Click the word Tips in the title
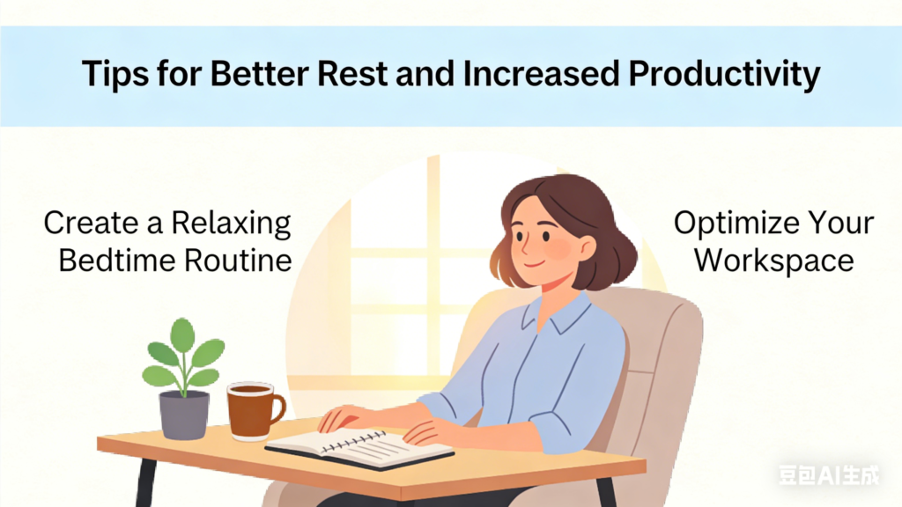tap(115, 75)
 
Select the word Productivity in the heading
tap(724, 75)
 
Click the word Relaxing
tap(232, 224)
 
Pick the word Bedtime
tap(117, 261)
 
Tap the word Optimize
tap(736, 224)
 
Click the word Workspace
tap(773, 261)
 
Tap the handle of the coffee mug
tap(278, 408)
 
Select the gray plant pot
tap(184, 415)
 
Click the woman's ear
tap(587, 249)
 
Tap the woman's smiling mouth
tap(533, 264)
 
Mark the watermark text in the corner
tap(829, 475)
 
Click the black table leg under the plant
tap(145, 483)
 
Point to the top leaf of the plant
tap(182, 334)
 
